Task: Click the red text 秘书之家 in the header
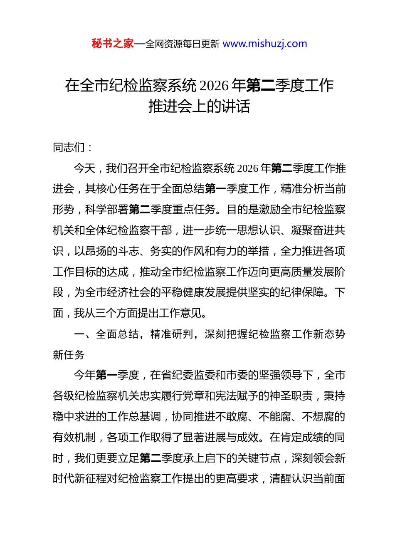[x=113, y=44]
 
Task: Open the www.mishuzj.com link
[x=265, y=44]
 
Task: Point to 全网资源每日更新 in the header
[x=182, y=44]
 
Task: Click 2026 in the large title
[x=214, y=86]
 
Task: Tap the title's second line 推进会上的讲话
[x=199, y=106]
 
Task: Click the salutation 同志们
[x=69, y=148]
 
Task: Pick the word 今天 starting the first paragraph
[x=84, y=168]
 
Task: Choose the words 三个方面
[x=117, y=313]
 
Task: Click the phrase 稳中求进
[x=74, y=417]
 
